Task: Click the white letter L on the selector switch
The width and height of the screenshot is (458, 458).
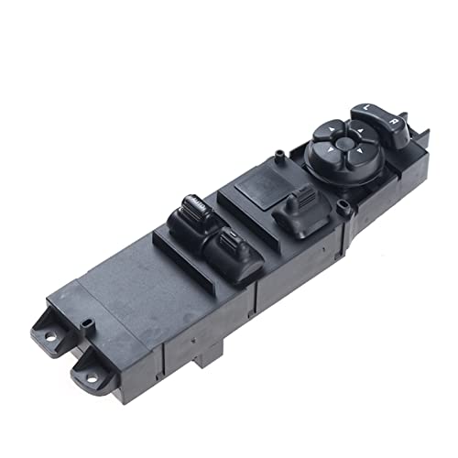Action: [x=366, y=107]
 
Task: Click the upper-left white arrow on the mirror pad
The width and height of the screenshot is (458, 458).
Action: [x=331, y=129]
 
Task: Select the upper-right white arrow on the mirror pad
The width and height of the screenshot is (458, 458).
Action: [x=361, y=130]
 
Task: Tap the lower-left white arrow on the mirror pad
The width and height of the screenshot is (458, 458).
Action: [x=330, y=149]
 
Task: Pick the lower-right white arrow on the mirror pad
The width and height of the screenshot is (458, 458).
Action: [x=360, y=150]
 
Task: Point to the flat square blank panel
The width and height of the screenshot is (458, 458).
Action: [x=262, y=188]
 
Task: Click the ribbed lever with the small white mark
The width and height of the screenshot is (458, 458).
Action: [x=232, y=240]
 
